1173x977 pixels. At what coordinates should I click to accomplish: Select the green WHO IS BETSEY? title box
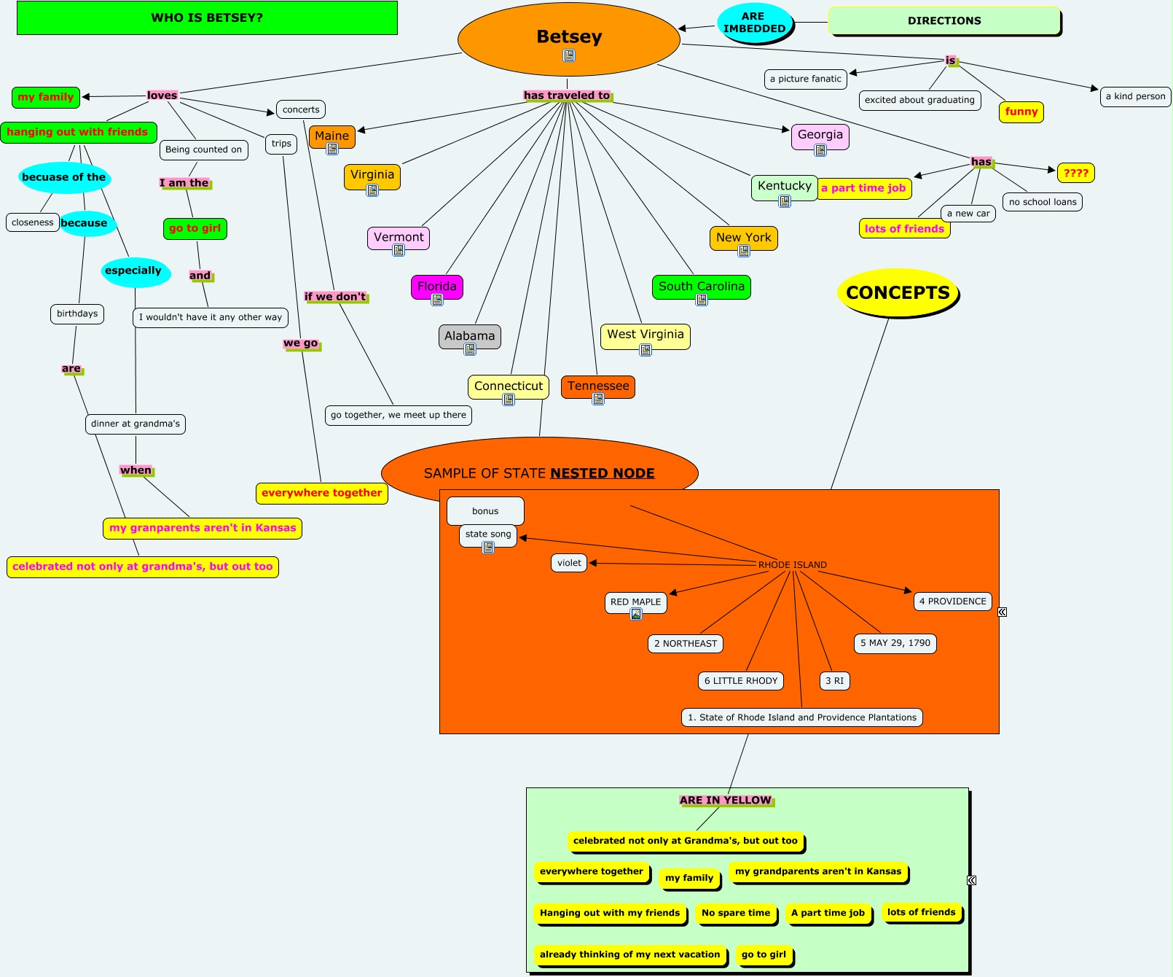click(207, 18)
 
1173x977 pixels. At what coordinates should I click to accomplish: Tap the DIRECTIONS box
click(944, 21)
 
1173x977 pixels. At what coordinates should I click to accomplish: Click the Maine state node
click(332, 136)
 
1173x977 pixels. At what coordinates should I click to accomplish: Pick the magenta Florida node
click(437, 286)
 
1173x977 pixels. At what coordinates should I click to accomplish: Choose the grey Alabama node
click(470, 336)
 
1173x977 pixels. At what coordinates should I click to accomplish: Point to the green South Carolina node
click(702, 286)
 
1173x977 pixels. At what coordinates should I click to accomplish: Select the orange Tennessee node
click(598, 386)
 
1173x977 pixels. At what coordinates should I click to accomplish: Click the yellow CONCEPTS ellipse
click(898, 293)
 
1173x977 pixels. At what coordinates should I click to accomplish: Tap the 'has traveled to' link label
click(567, 96)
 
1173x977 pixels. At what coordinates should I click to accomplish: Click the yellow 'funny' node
click(1021, 112)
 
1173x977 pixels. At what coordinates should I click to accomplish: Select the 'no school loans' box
click(1043, 202)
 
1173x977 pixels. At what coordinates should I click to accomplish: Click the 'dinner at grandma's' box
click(136, 424)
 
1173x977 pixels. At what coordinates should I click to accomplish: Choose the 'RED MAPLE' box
click(636, 602)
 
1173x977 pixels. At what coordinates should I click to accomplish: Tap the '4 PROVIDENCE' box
click(953, 602)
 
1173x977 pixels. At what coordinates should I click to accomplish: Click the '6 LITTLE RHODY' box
click(741, 681)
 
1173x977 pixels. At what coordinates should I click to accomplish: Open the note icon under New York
click(744, 252)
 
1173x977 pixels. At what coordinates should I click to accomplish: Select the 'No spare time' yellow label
click(736, 913)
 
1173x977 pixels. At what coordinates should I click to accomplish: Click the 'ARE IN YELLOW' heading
click(726, 800)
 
